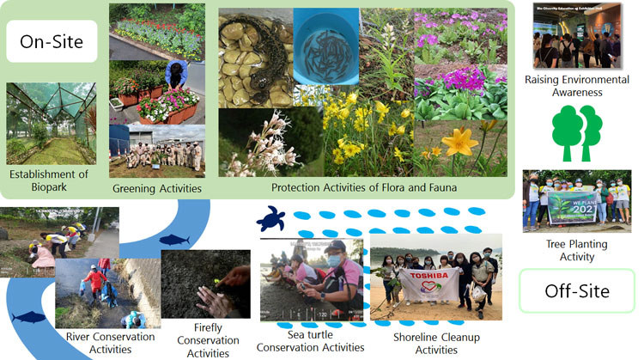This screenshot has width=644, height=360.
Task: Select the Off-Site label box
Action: pos(576,290)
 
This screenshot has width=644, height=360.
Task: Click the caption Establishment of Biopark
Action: pos(48,180)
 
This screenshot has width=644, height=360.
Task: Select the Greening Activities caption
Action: pos(156,188)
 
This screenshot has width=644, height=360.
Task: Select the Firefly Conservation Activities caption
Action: pos(207,339)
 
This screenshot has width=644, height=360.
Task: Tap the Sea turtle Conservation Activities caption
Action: pos(310,340)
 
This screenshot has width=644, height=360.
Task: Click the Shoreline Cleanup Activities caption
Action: pos(424,343)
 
